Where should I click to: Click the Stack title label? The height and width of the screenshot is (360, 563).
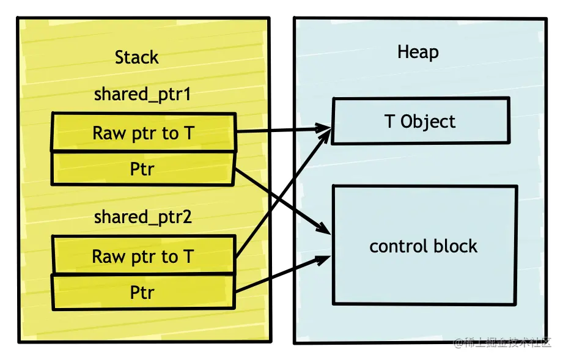[136, 57]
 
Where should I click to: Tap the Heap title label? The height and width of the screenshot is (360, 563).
[418, 52]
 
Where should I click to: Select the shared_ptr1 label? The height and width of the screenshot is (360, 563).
[142, 95]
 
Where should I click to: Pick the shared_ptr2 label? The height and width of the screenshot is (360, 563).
[142, 217]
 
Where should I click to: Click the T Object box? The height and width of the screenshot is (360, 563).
[420, 121]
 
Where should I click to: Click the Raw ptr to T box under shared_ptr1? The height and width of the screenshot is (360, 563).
[142, 132]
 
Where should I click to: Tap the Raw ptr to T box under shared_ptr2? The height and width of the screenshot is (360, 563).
[142, 256]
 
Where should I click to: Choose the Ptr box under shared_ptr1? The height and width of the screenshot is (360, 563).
[142, 168]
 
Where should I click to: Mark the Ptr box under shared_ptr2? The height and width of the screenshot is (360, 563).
[142, 292]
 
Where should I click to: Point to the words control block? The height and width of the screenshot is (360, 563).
[423, 246]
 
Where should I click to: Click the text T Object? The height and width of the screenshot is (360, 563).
[420, 121]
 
